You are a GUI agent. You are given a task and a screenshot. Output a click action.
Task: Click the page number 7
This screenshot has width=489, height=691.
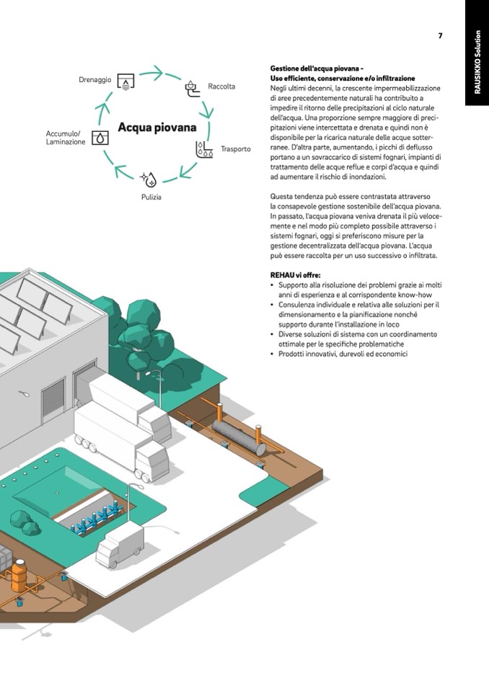click(x=440, y=36)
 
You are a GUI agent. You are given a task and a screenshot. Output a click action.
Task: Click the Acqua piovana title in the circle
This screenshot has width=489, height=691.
click(x=157, y=128)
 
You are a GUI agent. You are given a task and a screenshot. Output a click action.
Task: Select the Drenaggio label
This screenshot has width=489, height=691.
click(x=94, y=80)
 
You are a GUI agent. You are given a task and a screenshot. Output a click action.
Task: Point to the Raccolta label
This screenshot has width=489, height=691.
click(x=221, y=86)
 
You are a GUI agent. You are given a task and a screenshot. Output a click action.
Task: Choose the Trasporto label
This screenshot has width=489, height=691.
click(x=235, y=149)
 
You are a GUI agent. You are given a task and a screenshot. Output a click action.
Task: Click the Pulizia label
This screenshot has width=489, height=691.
click(x=151, y=197)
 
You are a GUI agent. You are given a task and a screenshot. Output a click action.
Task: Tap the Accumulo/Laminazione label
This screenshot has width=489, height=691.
click(x=65, y=138)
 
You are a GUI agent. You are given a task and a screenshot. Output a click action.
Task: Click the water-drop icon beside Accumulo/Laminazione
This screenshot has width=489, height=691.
click(x=100, y=138)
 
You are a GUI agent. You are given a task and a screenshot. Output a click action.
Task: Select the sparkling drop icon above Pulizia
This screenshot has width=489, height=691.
click(x=148, y=179)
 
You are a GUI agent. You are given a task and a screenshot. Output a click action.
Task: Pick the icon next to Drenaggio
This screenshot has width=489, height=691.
click(x=125, y=81)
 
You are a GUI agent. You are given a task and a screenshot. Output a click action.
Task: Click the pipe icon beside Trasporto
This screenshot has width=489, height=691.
click(x=204, y=149)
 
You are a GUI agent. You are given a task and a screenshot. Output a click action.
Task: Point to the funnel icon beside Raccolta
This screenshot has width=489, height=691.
click(x=191, y=87)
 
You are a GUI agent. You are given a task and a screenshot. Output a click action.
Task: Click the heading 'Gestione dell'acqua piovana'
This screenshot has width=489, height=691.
click(x=317, y=68)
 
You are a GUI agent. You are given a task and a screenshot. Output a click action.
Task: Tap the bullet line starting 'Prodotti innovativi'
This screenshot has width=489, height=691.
click(x=343, y=354)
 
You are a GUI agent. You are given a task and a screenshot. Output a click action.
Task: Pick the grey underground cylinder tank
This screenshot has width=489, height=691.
click(x=239, y=437)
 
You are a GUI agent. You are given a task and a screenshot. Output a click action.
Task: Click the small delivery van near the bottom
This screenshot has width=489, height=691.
click(x=120, y=545)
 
